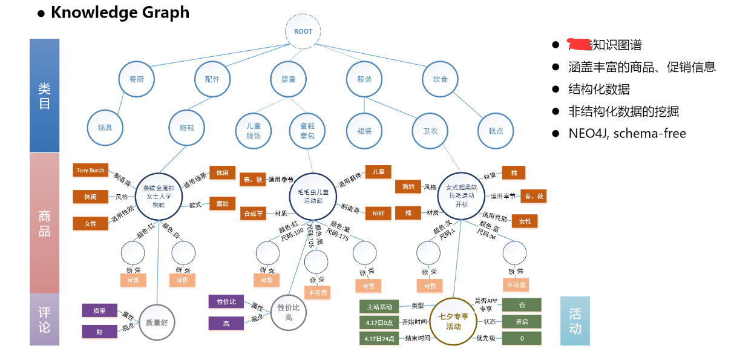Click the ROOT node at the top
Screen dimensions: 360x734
tap(303, 31)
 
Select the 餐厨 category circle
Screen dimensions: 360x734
tap(137, 79)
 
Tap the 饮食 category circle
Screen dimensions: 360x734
tap(440, 79)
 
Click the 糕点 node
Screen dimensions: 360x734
tap(496, 130)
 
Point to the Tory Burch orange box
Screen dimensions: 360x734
tap(90, 171)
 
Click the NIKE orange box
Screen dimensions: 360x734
tap(378, 213)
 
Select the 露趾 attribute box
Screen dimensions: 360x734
tap(222, 204)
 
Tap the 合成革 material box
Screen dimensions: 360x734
tap(254, 213)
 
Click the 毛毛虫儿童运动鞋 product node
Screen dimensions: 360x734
tap(313, 195)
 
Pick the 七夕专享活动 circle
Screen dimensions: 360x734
tap(453, 321)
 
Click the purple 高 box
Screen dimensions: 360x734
tap(226, 324)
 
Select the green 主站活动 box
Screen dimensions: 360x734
tap(379, 306)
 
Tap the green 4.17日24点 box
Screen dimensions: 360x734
tap(379, 338)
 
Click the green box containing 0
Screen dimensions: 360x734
tap(522, 338)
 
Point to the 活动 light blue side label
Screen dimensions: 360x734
tap(575, 321)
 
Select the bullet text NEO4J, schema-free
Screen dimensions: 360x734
tap(627, 134)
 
